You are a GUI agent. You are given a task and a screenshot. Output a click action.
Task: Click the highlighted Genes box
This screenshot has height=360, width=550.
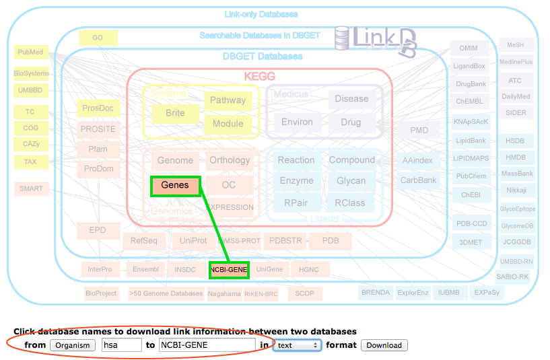pos(175,185)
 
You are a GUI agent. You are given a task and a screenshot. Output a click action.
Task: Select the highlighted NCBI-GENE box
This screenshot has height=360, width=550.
pos(229,269)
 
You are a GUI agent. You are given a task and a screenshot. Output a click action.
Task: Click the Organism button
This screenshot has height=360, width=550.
pos(73,345)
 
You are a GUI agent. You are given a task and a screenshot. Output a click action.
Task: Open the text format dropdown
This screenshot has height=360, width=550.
pos(297,345)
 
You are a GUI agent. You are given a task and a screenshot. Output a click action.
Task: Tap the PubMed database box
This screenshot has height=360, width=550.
pos(31,52)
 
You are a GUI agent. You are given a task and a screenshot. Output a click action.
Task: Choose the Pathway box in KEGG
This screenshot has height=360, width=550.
pos(228,101)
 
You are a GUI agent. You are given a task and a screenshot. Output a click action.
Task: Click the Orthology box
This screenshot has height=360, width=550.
pos(230,160)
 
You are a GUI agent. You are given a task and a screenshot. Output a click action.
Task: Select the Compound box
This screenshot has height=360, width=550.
pos(351,160)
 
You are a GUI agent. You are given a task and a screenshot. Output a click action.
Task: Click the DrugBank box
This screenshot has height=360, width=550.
pos(471,84)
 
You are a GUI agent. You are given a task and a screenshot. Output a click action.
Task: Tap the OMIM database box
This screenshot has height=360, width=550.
pos(469,48)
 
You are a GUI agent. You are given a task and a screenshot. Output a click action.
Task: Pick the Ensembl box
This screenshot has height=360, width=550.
pos(145,269)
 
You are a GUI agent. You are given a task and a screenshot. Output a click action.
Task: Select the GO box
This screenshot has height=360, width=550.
pos(98,38)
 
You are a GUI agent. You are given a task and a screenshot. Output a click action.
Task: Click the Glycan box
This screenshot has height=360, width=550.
pos(351,180)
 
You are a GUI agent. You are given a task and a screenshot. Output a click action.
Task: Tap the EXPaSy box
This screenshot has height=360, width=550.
pos(486,293)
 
